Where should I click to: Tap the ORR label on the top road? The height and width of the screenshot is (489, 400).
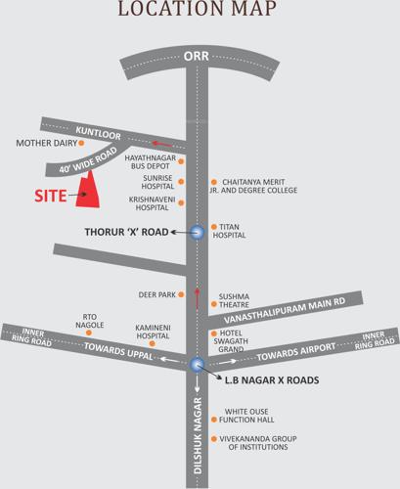click(196, 56)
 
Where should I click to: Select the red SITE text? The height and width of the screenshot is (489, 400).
click(51, 196)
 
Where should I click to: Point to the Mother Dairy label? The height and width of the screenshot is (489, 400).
click(46, 143)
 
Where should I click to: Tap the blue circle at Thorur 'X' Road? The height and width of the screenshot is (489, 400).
click(196, 233)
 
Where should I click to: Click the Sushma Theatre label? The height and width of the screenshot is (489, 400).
click(235, 299)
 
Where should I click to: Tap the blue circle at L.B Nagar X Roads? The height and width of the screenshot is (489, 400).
click(196, 364)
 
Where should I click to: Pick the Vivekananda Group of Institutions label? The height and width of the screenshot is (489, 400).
click(257, 441)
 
